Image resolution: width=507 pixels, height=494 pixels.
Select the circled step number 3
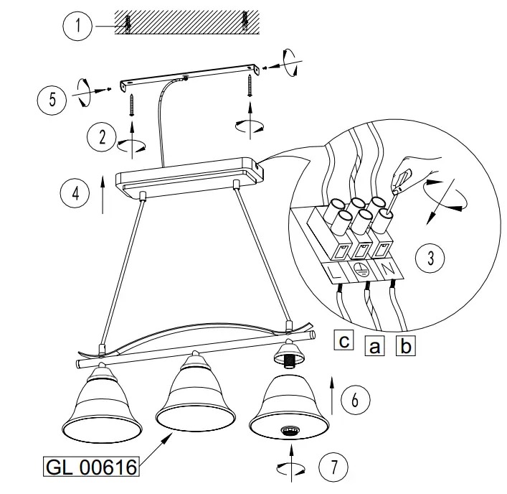[x=430, y=258]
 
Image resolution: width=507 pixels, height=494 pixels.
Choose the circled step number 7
[x=331, y=467]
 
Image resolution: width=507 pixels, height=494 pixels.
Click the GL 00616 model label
[x=91, y=467]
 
